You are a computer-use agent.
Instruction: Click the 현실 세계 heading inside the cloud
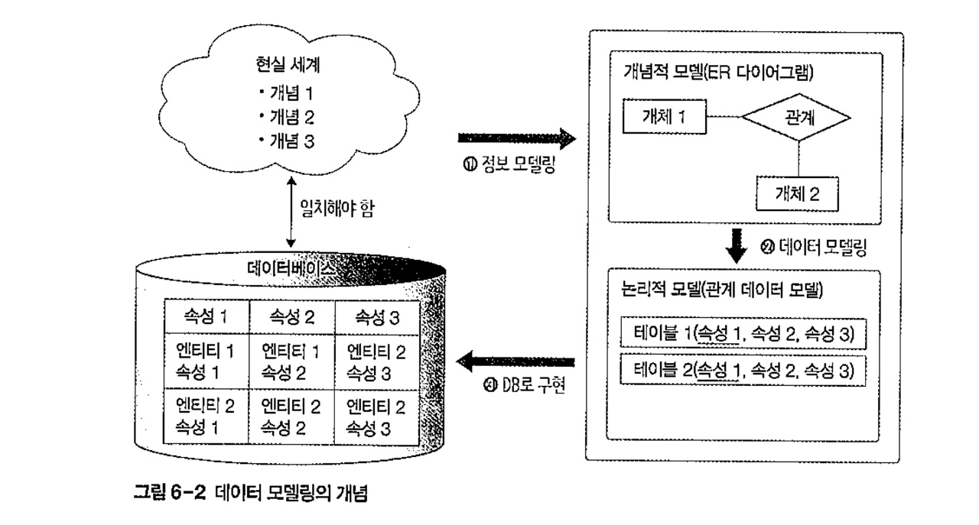point(288,65)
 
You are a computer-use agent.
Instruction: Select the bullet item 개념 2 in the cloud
point(287,117)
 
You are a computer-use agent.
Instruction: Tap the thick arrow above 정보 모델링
point(516,138)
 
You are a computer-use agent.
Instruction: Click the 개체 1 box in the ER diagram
point(665,116)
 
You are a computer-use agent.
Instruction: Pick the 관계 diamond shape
point(796,117)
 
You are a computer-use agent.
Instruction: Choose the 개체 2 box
point(797,193)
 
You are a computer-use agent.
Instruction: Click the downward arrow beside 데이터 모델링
point(737,246)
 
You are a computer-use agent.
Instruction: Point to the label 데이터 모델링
point(814,247)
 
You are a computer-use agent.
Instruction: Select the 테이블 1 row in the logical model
point(743,334)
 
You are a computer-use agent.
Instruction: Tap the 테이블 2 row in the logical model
point(743,371)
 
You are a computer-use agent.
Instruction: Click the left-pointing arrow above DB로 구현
point(516,361)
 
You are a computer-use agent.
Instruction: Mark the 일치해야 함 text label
point(337,209)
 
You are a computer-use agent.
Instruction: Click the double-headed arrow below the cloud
point(291,212)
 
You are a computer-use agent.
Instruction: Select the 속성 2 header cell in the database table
point(291,316)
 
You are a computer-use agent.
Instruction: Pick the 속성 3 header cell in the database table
point(377,317)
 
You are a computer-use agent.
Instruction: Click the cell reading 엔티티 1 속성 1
point(206,361)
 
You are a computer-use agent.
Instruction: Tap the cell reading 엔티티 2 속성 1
point(206,416)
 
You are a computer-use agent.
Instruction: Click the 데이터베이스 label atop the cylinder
point(291,267)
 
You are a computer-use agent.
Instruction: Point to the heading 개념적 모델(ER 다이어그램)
point(718,72)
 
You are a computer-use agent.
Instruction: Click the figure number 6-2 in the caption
point(188,493)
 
